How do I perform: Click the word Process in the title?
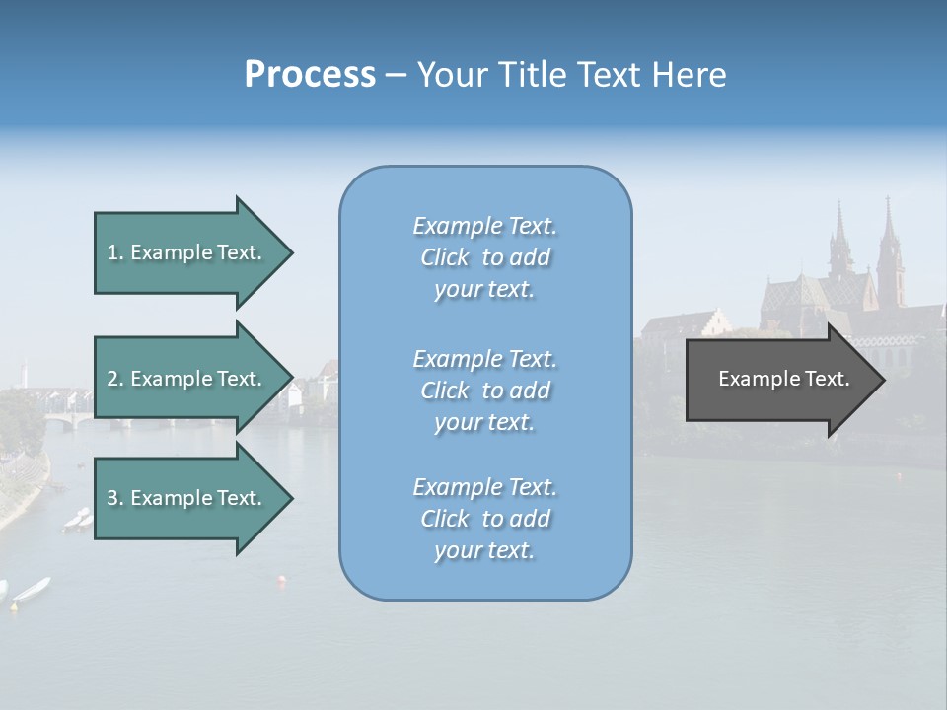click(x=310, y=75)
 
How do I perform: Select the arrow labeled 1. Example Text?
click(x=187, y=252)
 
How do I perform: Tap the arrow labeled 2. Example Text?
click(x=187, y=379)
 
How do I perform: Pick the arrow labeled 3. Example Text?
click(x=187, y=498)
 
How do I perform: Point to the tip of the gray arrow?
click(x=882, y=380)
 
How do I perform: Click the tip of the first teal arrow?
click(x=290, y=253)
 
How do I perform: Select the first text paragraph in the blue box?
click(x=484, y=257)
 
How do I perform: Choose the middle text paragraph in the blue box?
click(x=484, y=390)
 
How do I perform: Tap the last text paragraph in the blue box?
click(x=484, y=519)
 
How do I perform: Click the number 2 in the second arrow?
click(x=112, y=379)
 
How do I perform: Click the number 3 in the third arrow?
click(x=112, y=498)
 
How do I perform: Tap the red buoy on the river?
click(x=283, y=581)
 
